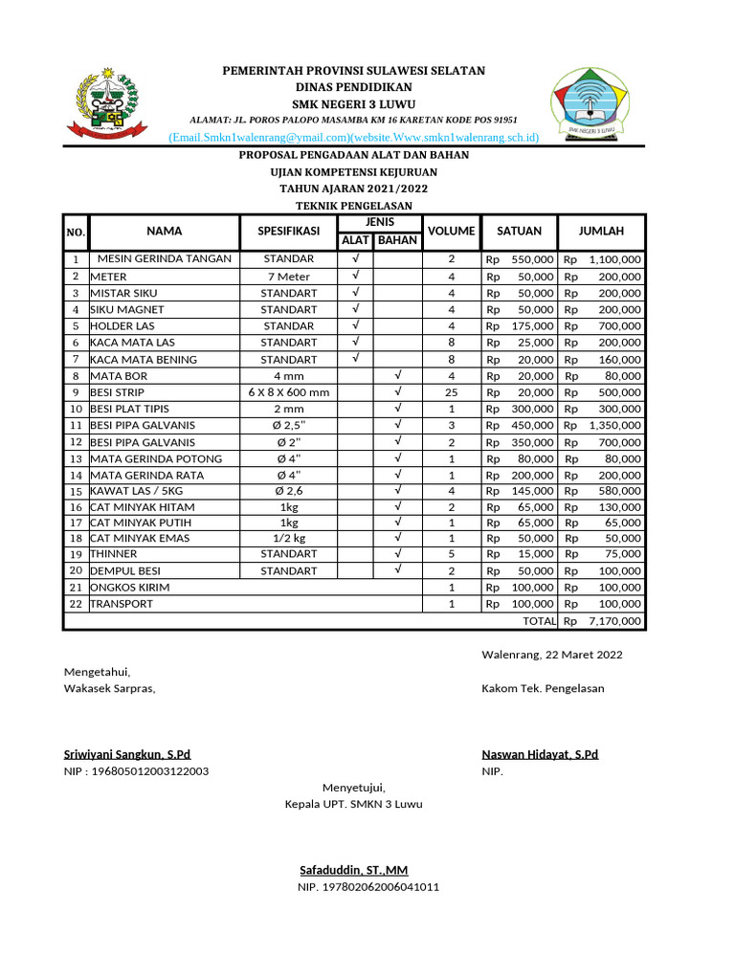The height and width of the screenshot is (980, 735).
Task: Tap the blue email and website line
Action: tap(353, 138)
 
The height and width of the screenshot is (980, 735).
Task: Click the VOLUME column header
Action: tap(451, 232)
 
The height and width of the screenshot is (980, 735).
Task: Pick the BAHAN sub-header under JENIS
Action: tap(397, 240)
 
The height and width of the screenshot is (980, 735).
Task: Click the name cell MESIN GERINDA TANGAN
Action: tap(164, 259)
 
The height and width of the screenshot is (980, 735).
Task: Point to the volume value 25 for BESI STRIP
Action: tap(451, 392)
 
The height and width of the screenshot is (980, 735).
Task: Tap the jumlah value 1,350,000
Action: tap(614, 425)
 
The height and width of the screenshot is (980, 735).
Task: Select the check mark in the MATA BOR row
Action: tap(397, 375)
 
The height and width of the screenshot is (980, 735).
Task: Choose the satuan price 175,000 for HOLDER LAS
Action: tap(531, 326)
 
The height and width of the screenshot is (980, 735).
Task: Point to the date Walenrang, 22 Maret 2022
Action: tap(551, 655)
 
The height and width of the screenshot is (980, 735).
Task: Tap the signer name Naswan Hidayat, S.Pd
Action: tap(540, 755)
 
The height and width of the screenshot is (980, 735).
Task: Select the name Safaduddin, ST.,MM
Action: tap(353, 871)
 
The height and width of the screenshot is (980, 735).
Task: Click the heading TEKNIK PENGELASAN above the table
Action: tap(353, 206)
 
